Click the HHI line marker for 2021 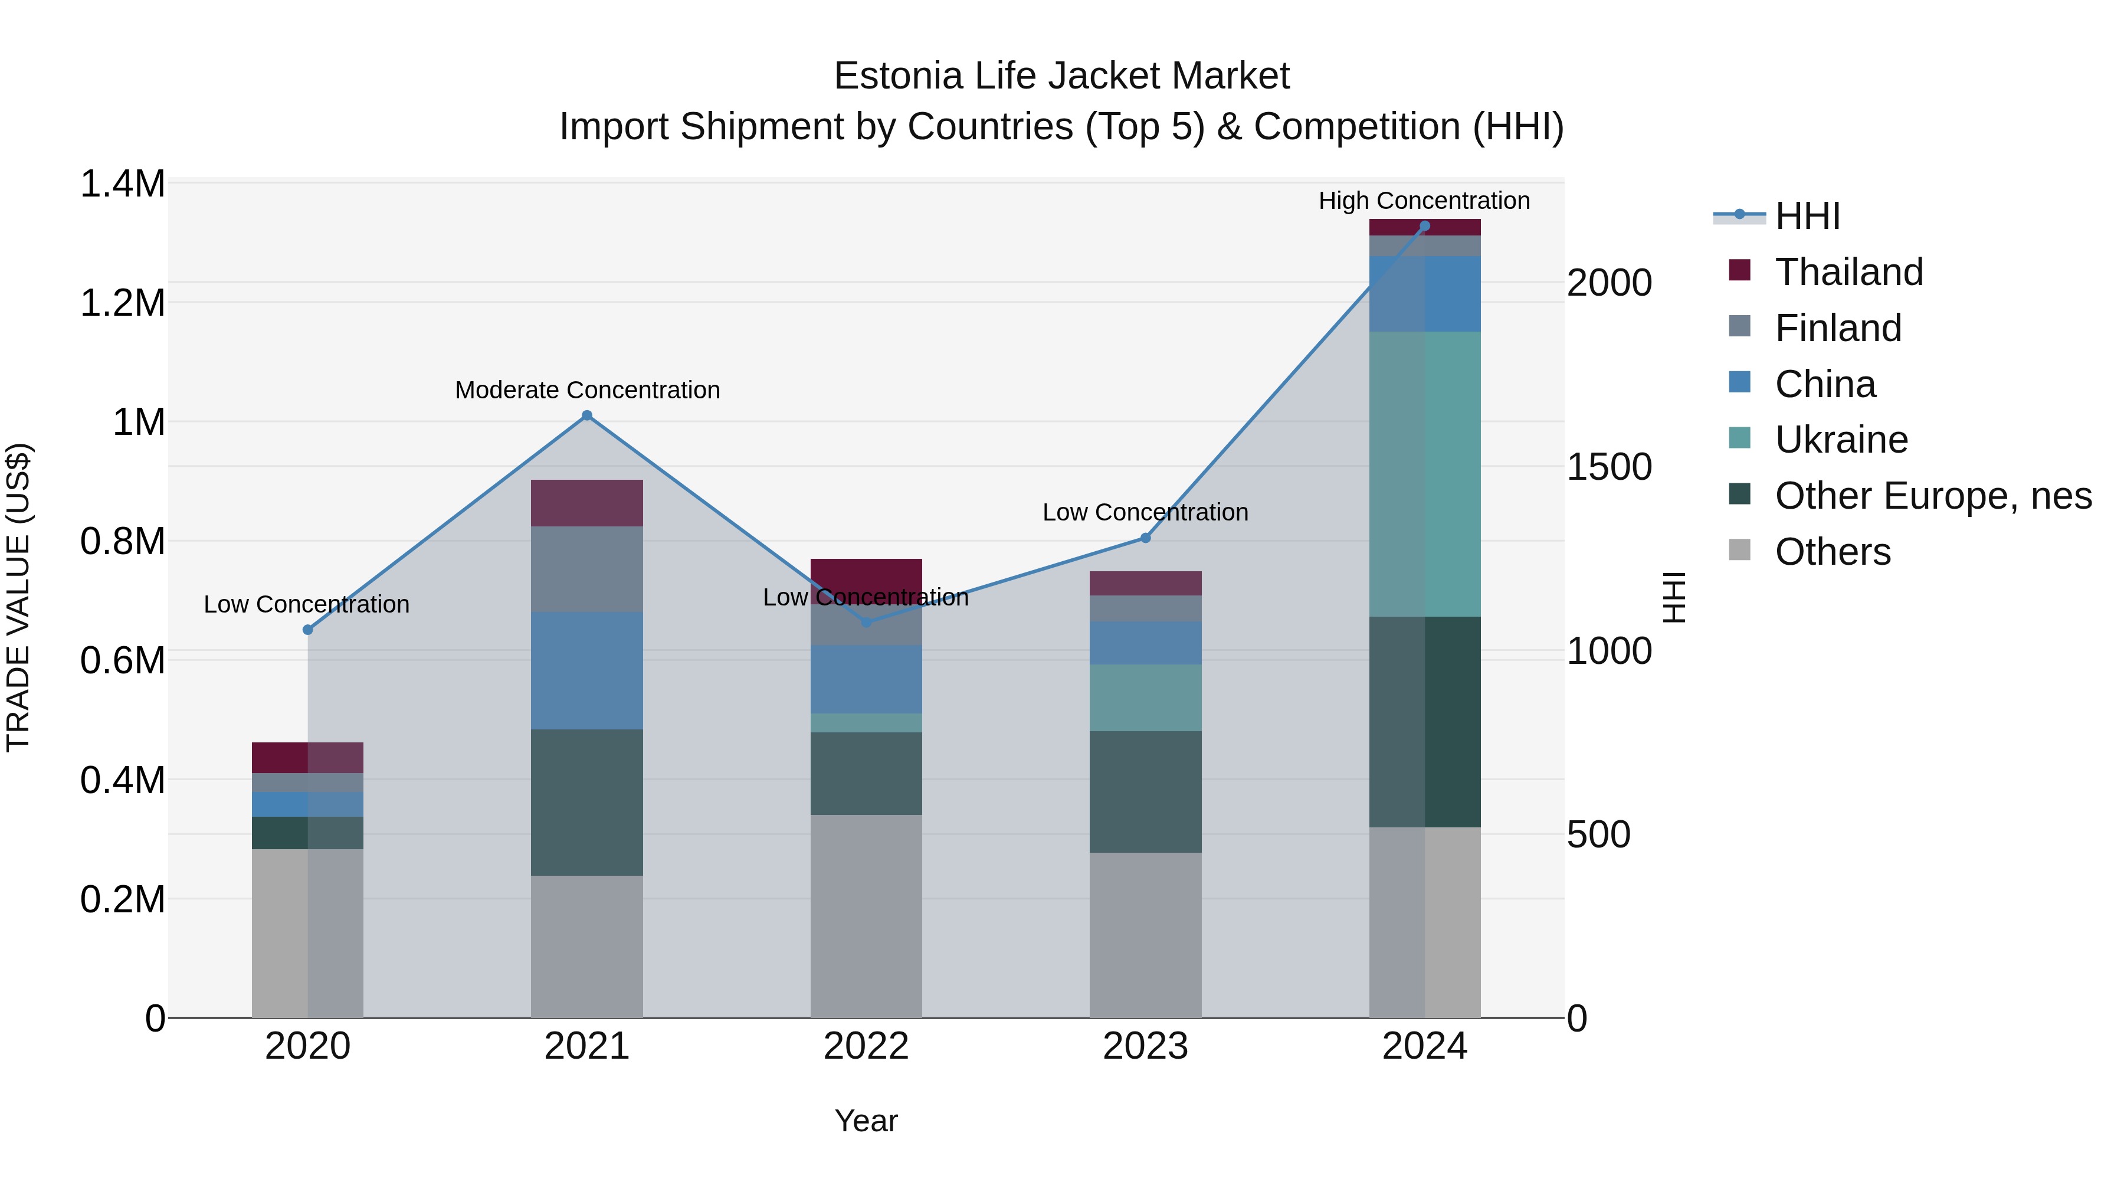click(x=587, y=415)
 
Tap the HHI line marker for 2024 click(x=1425, y=226)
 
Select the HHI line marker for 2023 click(x=1145, y=538)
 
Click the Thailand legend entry click(x=1848, y=272)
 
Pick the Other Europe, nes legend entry click(x=1933, y=496)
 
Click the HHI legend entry click(x=1807, y=216)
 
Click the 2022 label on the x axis click(x=866, y=1046)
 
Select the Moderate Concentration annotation click(x=587, y=390)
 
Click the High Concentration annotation click(x=1424, y=201)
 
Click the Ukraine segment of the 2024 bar click(x=1425, y=474)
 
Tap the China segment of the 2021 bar click(x=587, y=670)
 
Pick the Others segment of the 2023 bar click(x=1145, y=934)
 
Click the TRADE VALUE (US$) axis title click(x=18, y=597)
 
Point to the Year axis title click(x=866, y=1121)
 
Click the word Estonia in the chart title click(x=899, y=76)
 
